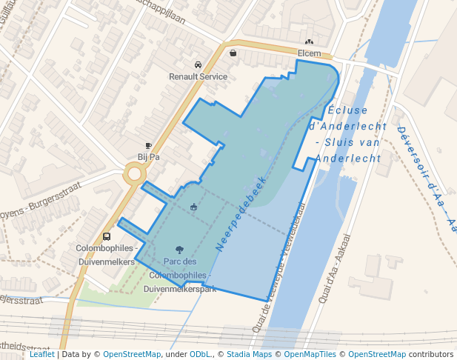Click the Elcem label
309,53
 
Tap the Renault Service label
198,76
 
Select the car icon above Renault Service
198,65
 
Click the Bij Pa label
148,157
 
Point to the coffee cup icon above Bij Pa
148,146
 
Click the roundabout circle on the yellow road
134,174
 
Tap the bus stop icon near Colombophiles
107,237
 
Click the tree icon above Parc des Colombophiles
179,250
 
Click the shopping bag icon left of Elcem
233,53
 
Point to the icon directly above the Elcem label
309,42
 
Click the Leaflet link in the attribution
41,355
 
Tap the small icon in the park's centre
194,207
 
